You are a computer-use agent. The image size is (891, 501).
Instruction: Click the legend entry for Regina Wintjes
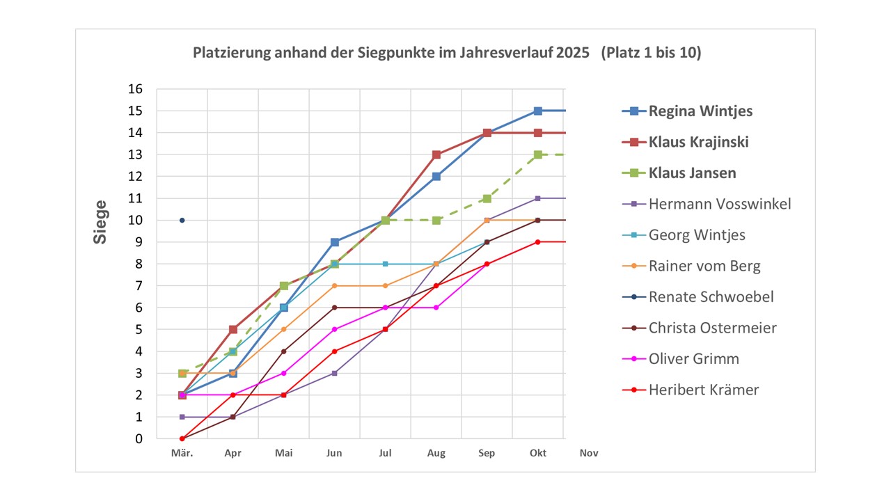tap(700, 111)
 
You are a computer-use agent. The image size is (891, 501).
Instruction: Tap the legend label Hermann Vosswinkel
tap(720, 204)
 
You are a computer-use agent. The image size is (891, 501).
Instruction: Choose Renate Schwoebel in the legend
tap(711, 297)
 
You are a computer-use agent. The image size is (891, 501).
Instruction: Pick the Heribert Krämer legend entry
tap(704, 390)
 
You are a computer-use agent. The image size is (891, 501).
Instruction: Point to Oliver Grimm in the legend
tap(694, 359)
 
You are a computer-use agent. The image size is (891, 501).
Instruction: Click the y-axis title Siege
tap(101, 222)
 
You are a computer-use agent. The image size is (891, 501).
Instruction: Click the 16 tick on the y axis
tap(134, 89)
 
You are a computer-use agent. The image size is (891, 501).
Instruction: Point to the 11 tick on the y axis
tap(134, 198)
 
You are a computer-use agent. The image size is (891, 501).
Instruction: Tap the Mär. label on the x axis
tap(182, 453)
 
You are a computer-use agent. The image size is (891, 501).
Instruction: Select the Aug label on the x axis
tap(436, 453)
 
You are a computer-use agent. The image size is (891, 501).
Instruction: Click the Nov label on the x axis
tap(589, 453)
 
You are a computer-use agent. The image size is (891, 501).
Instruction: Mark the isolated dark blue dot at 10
tap(182, 220)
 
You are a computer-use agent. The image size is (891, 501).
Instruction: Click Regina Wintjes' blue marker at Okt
tap(538, 111)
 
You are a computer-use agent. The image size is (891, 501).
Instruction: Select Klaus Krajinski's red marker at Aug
tap(436, 154)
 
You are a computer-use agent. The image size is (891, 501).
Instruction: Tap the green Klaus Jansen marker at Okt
tap(538, 154)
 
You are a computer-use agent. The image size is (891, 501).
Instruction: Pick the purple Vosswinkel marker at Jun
tap(335, 373)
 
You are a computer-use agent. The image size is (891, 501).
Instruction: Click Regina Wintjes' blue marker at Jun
tap(335, 242)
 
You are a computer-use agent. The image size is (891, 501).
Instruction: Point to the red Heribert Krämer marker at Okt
tap(538, 242)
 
